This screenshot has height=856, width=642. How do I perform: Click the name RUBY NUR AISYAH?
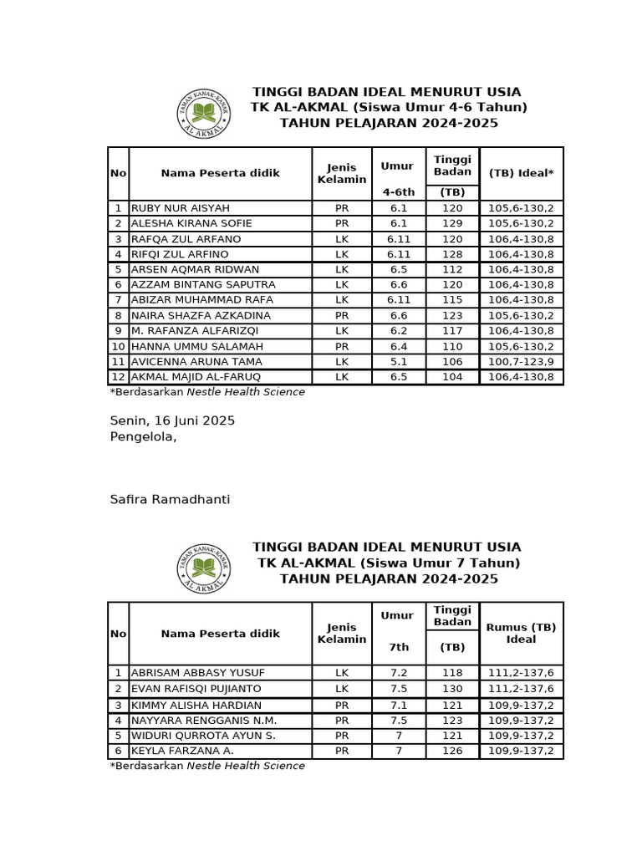(181, 208)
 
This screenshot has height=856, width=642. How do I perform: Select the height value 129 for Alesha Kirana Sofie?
(452, 223)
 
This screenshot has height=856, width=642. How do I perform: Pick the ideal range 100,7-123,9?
(521, 362)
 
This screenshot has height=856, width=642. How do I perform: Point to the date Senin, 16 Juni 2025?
(172, 420)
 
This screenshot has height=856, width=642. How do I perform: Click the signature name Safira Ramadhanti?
(170, 500)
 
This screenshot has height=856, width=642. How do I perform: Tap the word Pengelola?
(143, 436)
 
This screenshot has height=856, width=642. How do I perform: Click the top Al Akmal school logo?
(204, 114)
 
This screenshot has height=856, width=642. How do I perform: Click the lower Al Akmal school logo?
(204, 569)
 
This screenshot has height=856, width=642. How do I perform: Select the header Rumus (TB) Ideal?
(521, 633)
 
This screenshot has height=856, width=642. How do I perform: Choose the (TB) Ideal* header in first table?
(521, 173)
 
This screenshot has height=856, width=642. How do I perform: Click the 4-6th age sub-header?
(398, 191)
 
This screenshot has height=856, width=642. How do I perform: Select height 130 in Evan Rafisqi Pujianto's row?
(452, 689)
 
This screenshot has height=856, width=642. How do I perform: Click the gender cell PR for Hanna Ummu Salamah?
(341, 346)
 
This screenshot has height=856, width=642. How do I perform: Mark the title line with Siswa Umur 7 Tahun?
(389, 563)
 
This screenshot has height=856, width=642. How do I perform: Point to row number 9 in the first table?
(119, 331)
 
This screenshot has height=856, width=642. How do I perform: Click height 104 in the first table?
(452, 377)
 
